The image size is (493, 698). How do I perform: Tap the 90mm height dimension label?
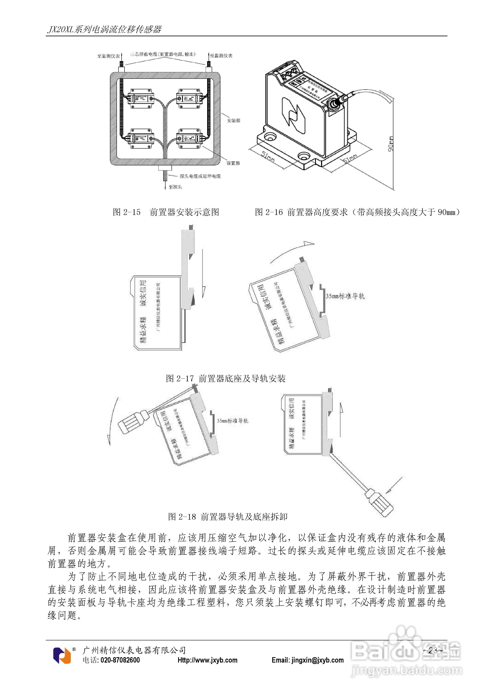click(x=391, y=143)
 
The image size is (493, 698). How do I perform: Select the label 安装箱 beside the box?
click(x=233, y=121)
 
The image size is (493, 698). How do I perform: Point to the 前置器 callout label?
click(x=233, y=163)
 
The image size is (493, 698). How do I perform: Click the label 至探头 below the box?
click(x=175, y=187)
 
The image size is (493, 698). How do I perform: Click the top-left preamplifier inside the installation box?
click(x=140, y=98)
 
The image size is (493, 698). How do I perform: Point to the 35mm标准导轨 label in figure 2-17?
click(x=345, y=296)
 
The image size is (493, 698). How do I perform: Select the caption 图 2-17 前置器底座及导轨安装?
click(x=226, y=378)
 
